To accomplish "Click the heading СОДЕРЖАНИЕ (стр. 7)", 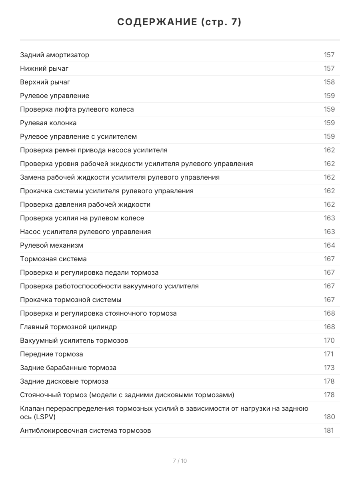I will click(180, 22).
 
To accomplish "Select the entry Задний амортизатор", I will click(55, 55).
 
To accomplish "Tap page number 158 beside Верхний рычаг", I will click(329, 82).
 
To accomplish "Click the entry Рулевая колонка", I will click(48, 123).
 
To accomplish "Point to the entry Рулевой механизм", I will click(52, 246).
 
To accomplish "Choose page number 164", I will click(329, 246).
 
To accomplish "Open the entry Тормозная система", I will click(53, 259).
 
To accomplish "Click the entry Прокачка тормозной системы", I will click(71, 300).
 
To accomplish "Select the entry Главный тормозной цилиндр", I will click(68, 327).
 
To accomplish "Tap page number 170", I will click(329, 341).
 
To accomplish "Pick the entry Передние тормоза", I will click(52, 354).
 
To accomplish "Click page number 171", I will click(328, 354).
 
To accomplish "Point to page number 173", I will click(329, 368).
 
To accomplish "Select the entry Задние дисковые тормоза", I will click(64, 382).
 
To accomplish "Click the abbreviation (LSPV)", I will click(44, 417).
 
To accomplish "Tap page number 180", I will click(329, 417).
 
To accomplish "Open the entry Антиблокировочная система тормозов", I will click(86, 431).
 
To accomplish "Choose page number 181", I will click(329, 431).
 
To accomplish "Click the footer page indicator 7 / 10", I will click(180, 461).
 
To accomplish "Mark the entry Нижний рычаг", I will click(42, 69).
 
